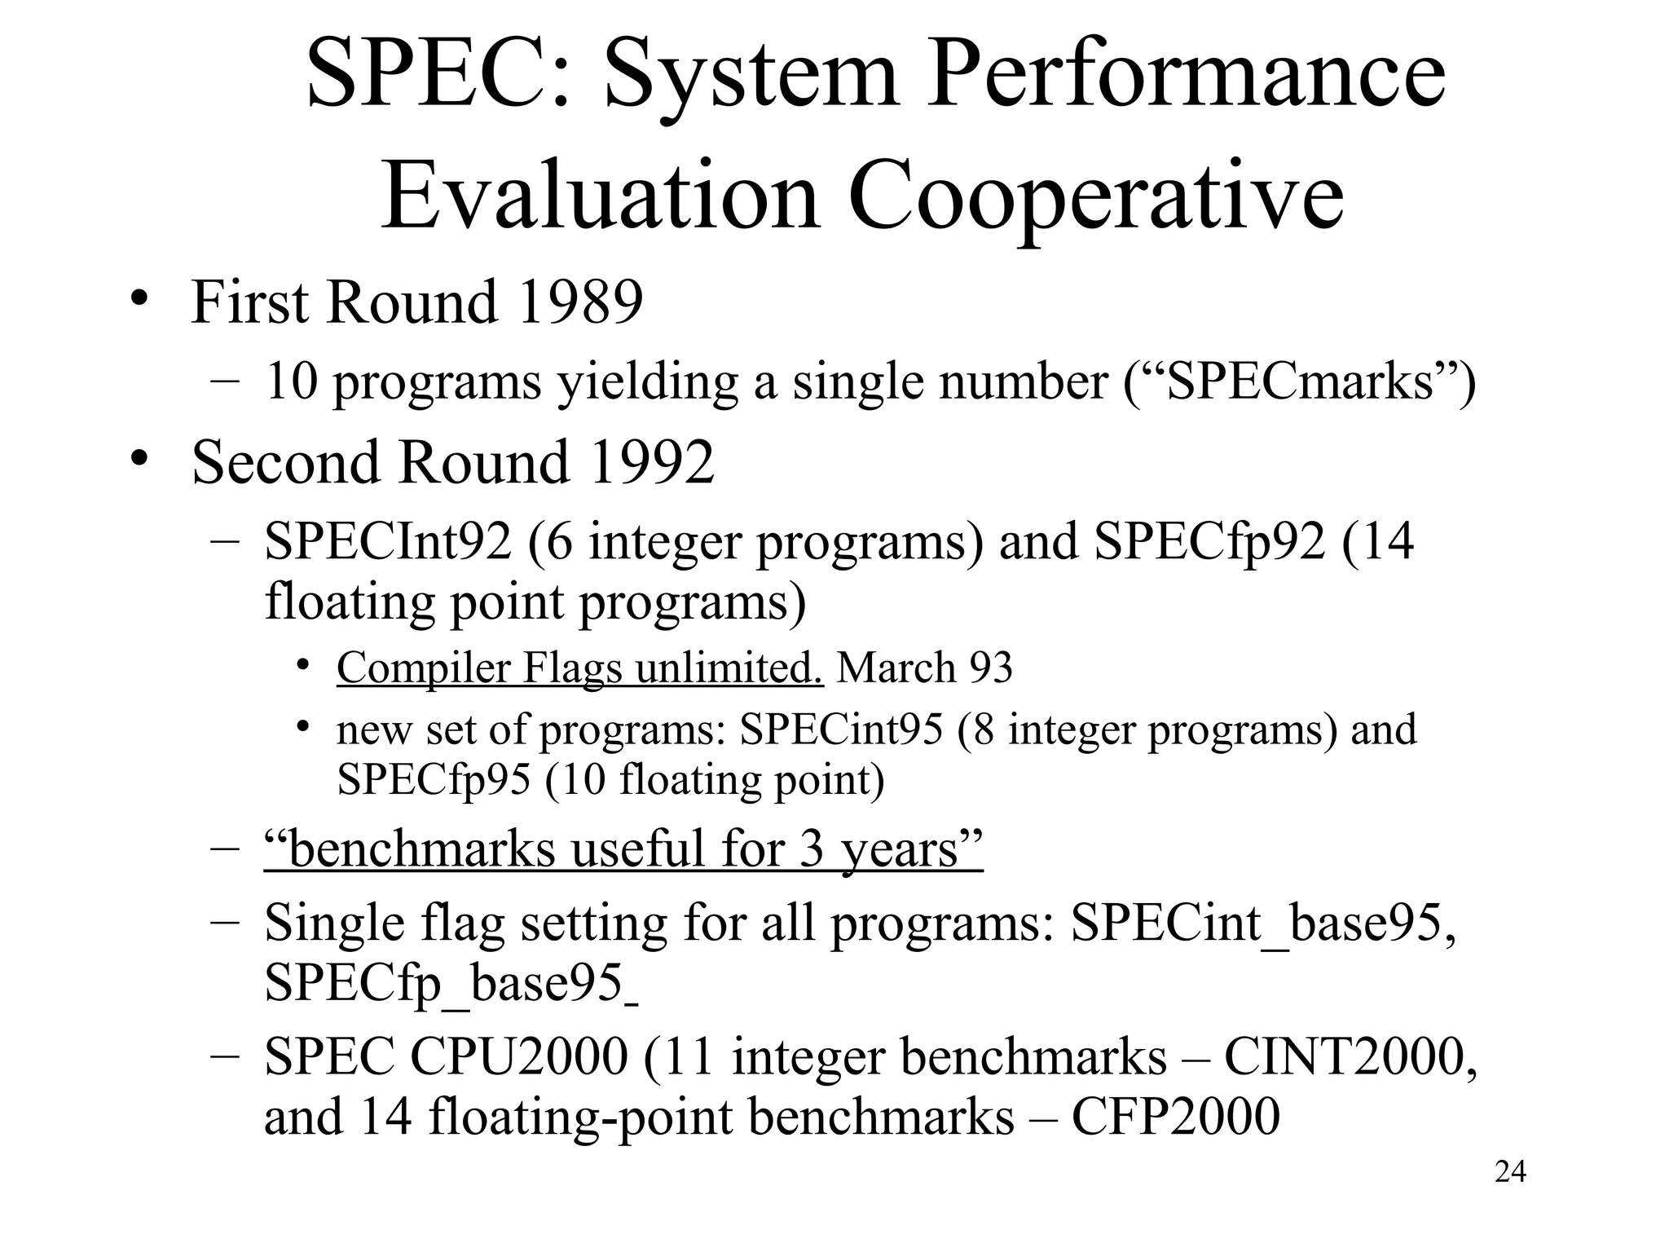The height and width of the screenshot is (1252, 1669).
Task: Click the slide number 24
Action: coord(1510,1172)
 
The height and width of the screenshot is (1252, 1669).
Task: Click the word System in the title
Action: coord(751,76)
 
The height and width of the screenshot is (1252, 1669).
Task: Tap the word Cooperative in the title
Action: coord(1095,197)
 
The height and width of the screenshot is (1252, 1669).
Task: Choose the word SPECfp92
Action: coord(1209,541)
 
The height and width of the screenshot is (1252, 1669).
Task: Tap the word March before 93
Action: coord(896,668)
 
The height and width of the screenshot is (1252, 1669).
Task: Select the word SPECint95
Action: coord(840,730)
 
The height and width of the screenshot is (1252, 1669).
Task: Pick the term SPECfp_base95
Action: coord(444,983)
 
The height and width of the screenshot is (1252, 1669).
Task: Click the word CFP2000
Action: coord(1174,1117)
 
